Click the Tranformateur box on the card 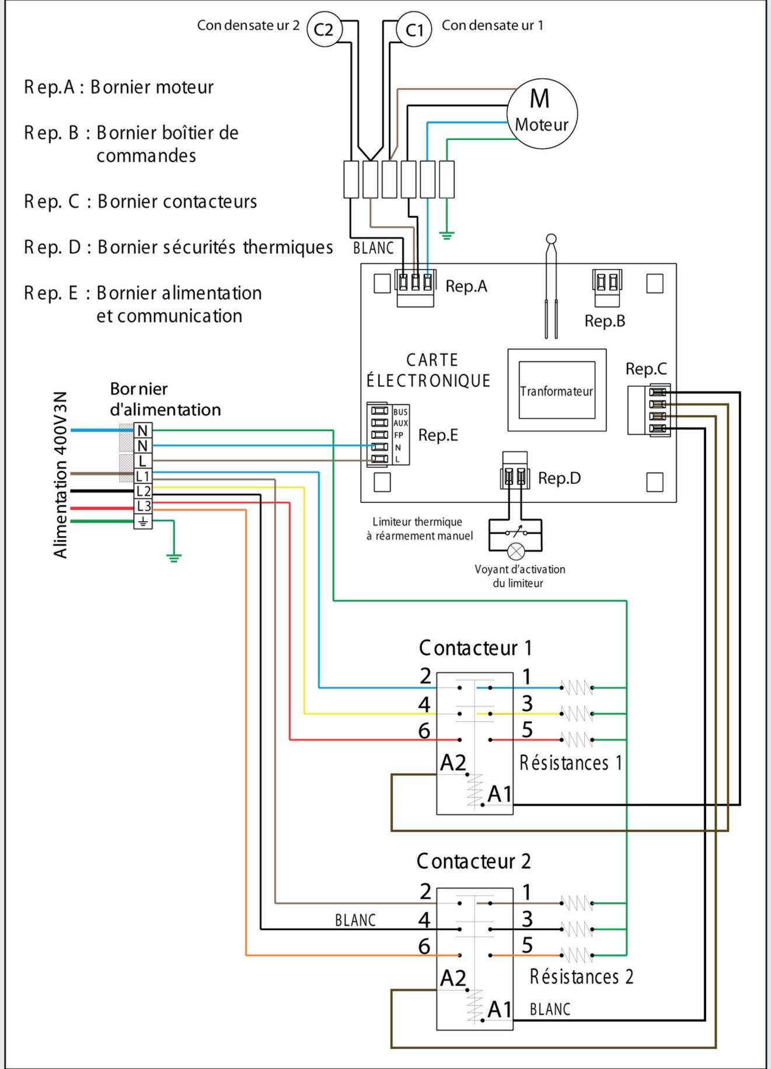pos(557,390)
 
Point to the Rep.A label pos(466,286)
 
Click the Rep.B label pos(605,320)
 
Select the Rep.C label pos(646,369)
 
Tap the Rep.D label pos(559,478)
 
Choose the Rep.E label pos(438,435)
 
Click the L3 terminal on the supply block pos(143,506)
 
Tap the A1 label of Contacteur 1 pos(500,794)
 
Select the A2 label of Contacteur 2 pos(453,979)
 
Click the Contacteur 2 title pos(473,861)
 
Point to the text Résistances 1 pos(570,763)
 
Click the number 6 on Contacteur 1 pos(424,731)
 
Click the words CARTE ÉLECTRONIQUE pos(428,371)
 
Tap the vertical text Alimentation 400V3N pos(61,474)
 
